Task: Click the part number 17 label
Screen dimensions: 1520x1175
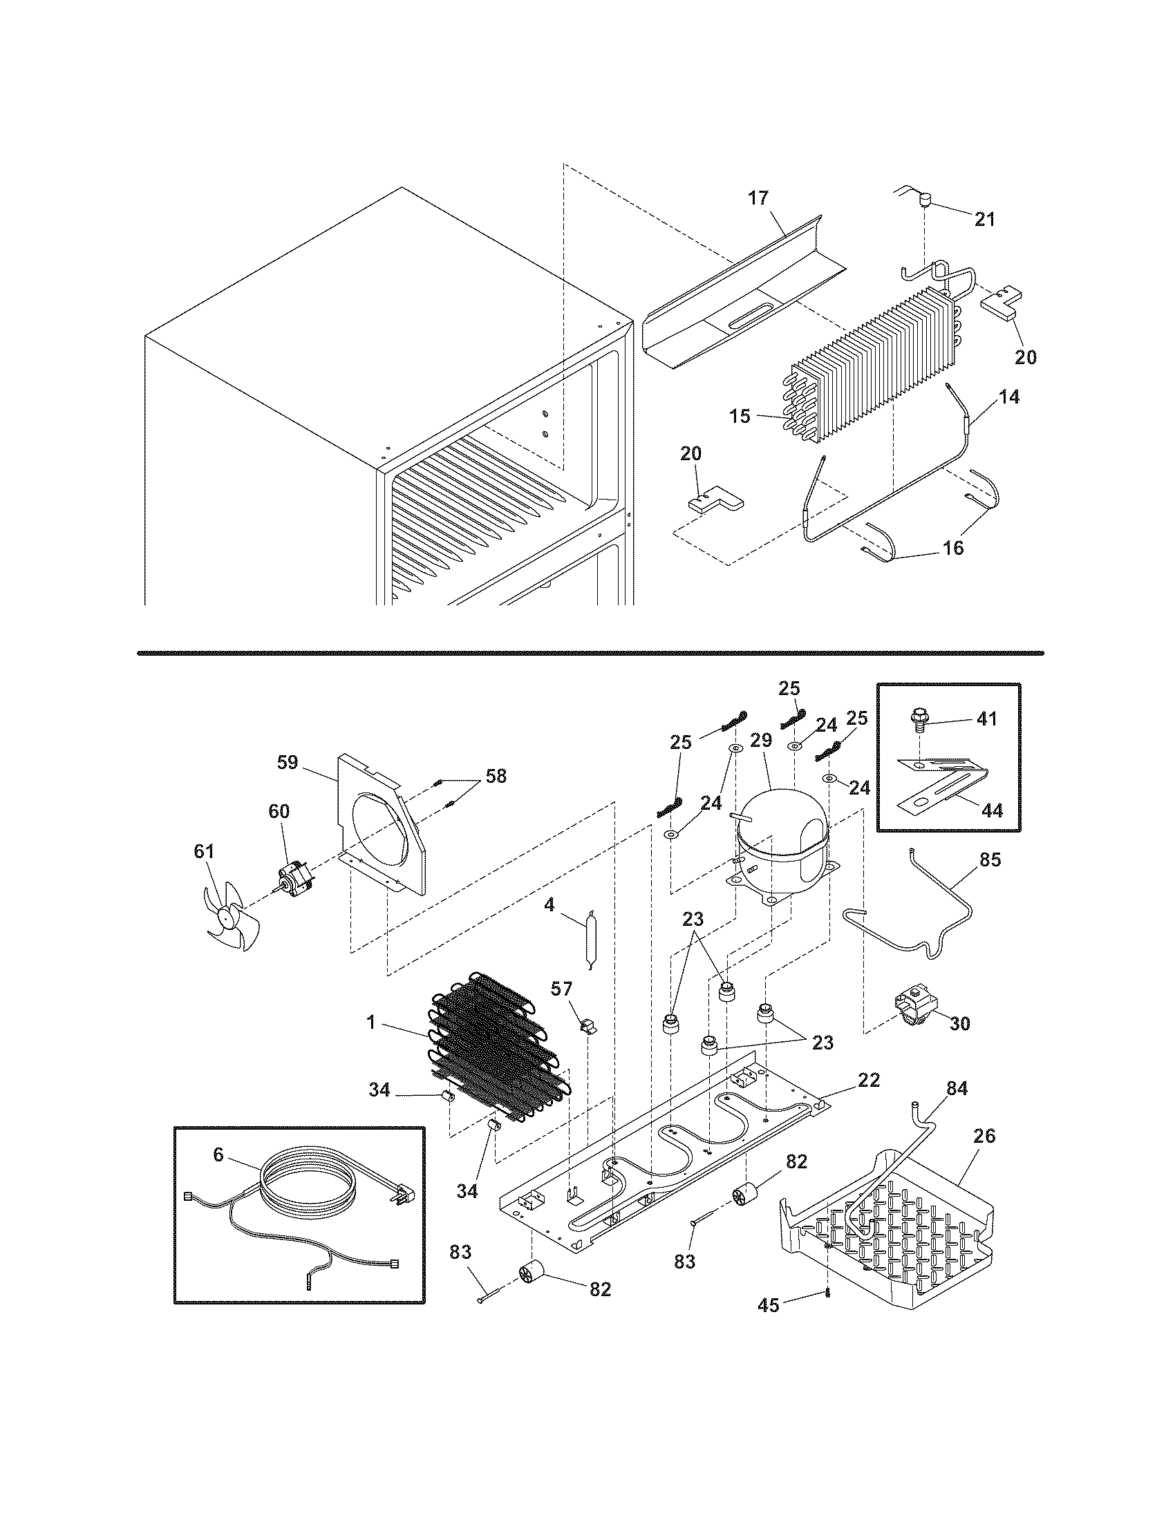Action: pos(758,198)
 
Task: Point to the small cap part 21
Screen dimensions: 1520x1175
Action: pos(924,202)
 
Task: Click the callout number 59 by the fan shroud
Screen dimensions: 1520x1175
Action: pos(287,762)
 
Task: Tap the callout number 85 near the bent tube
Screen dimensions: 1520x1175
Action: pos(990,860)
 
